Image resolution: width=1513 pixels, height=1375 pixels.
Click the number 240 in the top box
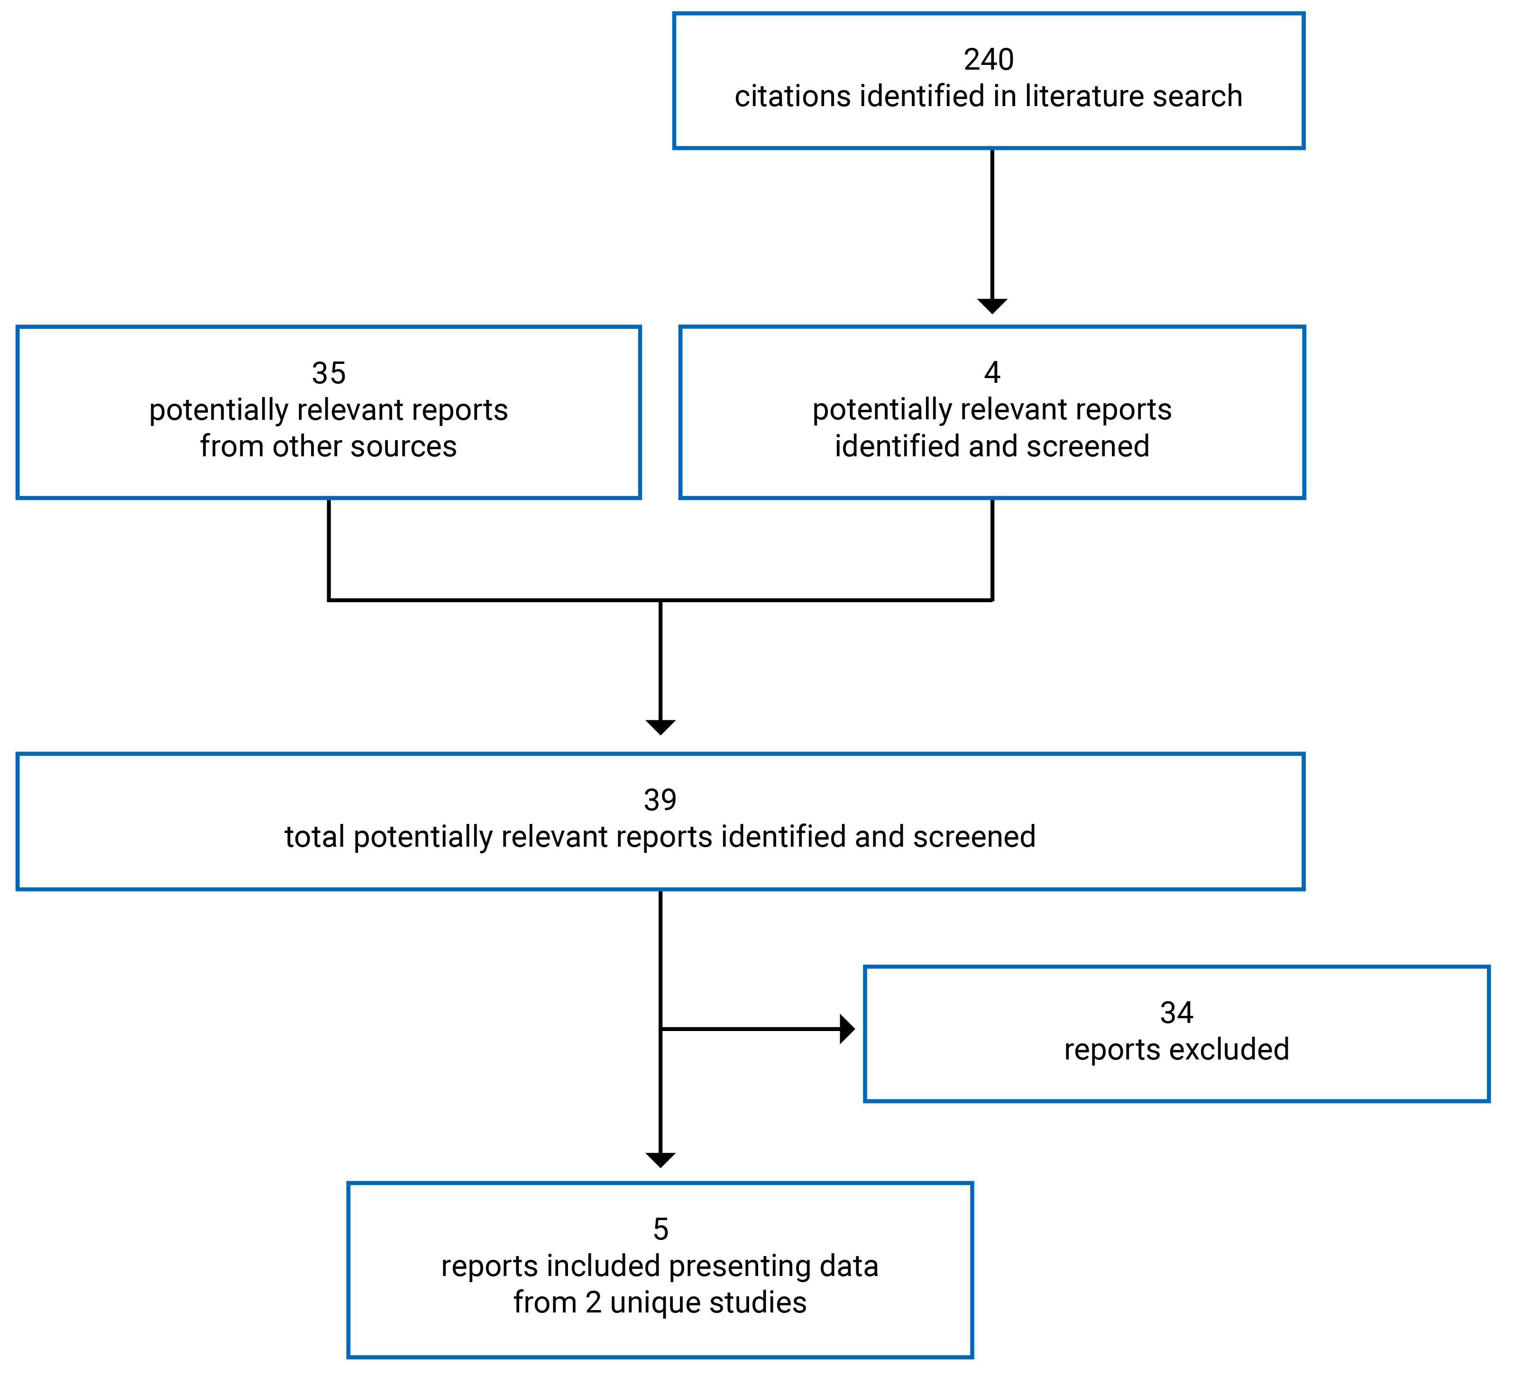pyautogui.click(x=989, y=60)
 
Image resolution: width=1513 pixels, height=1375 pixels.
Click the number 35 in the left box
pyautogui.click(x=329, y=373)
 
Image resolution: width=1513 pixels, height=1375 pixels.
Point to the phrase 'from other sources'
pyautogui.click(x=329, y=446)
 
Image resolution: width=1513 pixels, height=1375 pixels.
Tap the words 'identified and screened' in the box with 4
pyautogui.click(x=992, y=446)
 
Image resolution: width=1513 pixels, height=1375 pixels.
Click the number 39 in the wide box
pyautogui.click(x=660, y=800)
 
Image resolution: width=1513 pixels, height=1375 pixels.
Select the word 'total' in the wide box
pyautogui.click(x=314, y=837)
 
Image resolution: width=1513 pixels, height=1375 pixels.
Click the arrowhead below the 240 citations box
pyautogui.click(x=992, y=305)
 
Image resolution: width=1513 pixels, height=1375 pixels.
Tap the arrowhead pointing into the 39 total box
pyautogui.click(x=660, y=726)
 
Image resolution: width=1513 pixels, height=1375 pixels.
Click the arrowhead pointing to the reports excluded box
pyautogui.click(x=846, y=1029)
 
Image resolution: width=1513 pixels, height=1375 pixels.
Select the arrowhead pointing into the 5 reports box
pyautogui.click(x=660, y=1160)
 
